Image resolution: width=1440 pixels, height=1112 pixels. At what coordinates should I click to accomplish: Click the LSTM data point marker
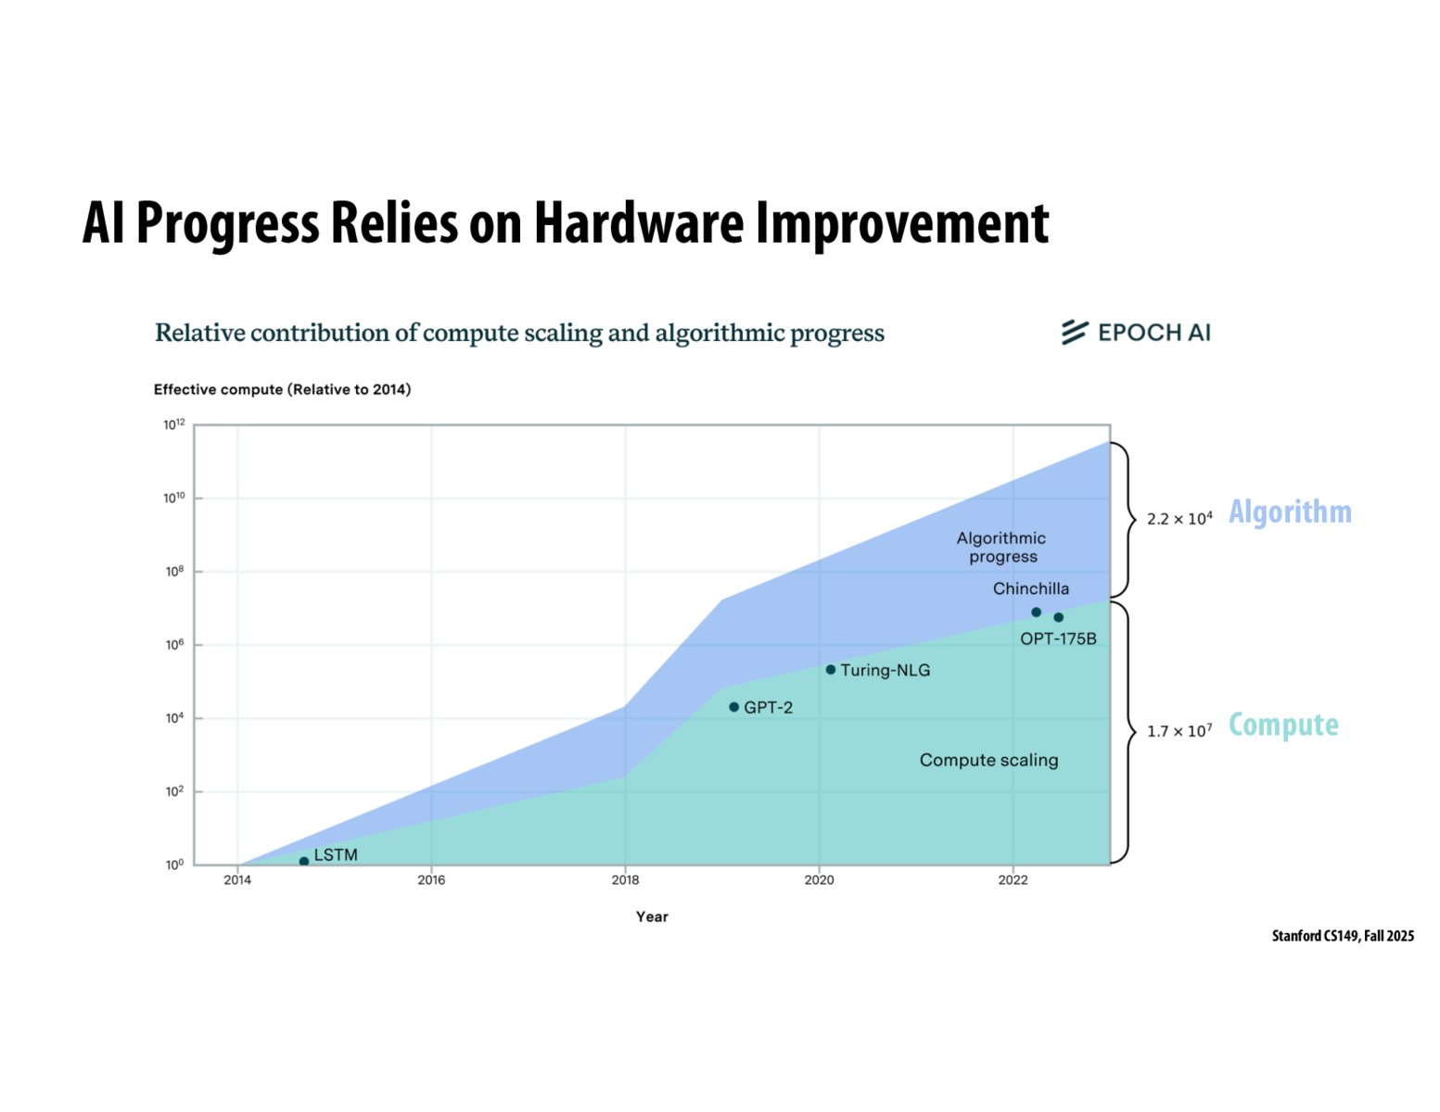pos(304,861)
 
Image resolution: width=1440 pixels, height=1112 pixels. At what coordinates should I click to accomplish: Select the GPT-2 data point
pos(733,707)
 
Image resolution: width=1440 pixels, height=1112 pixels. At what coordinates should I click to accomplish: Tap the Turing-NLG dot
pos(830,669)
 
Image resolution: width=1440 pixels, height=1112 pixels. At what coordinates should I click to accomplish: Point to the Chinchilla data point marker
pos(1036,612)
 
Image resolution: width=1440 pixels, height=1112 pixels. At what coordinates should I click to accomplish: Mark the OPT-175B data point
pos(1058,617)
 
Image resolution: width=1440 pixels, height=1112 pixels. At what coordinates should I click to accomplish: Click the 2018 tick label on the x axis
pos(625,879)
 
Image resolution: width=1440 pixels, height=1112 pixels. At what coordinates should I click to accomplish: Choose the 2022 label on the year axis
pos(1013,879)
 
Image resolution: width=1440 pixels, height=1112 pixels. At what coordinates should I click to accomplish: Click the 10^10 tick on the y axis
pos(174,498)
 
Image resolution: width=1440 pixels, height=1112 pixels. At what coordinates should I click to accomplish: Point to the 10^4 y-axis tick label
pos(174,718)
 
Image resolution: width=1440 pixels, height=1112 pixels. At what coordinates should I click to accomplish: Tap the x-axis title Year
pos(652,916)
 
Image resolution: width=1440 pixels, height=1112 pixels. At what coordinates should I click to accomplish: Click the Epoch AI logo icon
pos(1074,332)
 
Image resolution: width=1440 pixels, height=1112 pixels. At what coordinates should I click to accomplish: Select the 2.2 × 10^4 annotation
pos(1179,518)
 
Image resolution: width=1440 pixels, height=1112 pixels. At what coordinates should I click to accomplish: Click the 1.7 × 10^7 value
pos(1179,731)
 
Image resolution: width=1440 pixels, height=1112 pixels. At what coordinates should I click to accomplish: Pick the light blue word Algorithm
pos(1290,512)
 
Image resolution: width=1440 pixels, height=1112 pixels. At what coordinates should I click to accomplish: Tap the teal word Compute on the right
pos(1283,725)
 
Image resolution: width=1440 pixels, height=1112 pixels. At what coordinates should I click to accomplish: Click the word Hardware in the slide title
pos(638,223)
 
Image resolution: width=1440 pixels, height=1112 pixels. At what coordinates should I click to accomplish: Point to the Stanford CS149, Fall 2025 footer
pos(1343,936)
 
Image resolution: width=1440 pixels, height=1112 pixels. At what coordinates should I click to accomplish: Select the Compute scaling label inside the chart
pos(988,760)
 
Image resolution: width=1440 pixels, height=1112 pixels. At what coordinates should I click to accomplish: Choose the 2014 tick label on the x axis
pos(237,879)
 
